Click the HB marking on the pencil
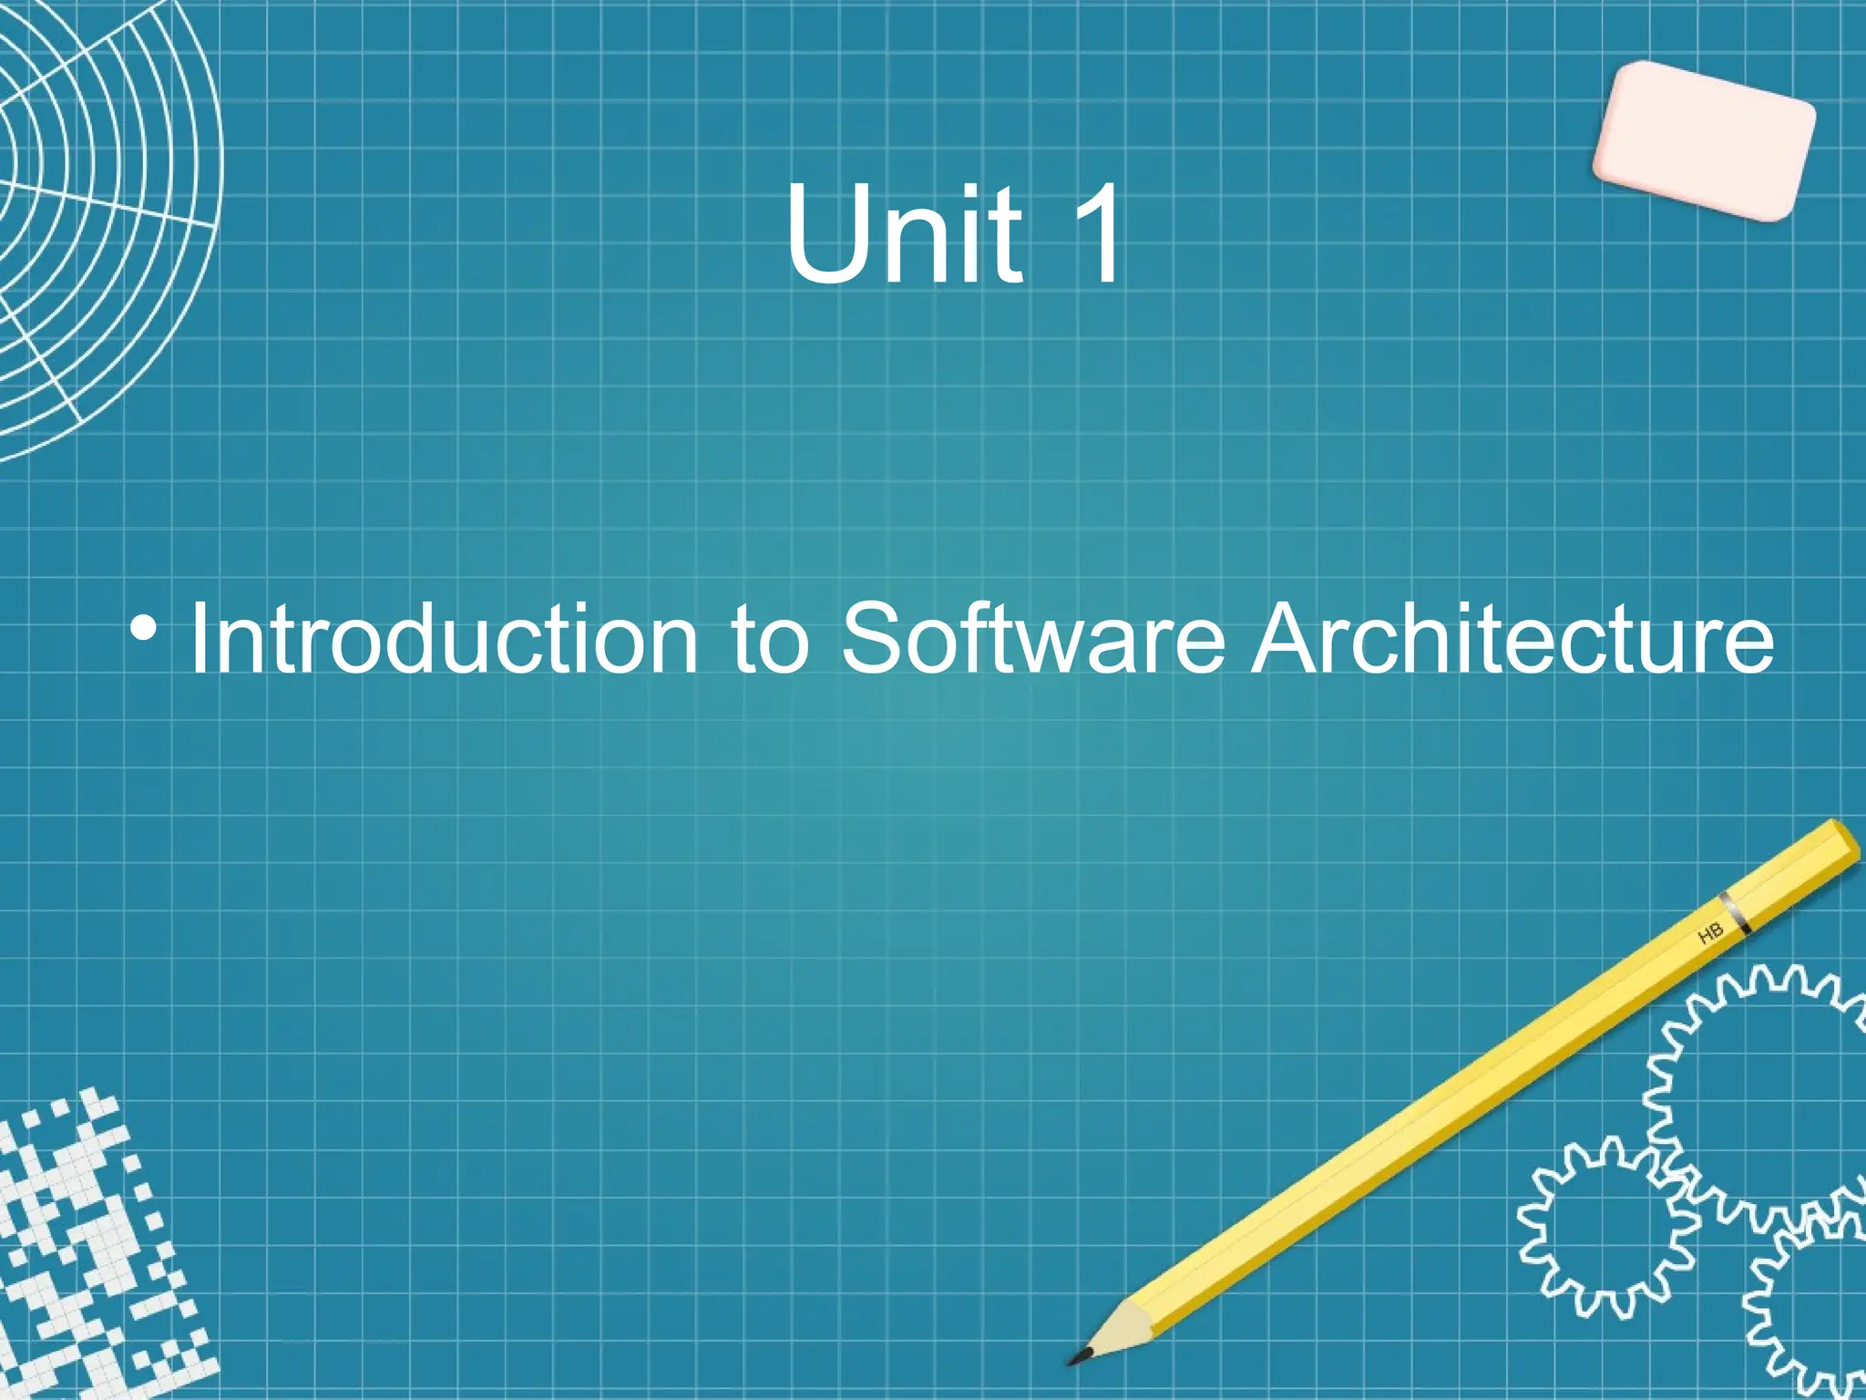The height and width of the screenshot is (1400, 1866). pos(1710,933)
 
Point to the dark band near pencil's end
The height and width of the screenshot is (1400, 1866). pos(1735,912)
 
